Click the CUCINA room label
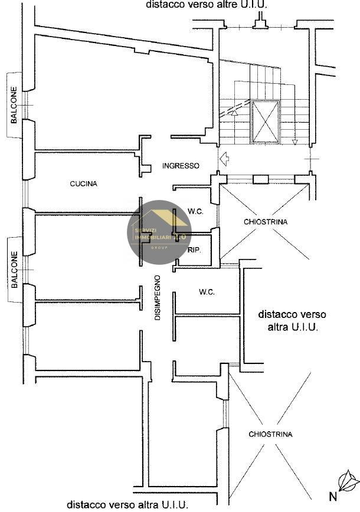click(83, 183)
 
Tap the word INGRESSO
click(181, 166)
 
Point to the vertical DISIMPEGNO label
click(158, 298)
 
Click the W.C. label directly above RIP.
click(195, 211)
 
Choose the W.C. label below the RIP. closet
click(207, 292)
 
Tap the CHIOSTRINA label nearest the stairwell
click(266, 222)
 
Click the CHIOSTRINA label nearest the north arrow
click(270, 434)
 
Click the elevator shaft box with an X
click(265, 122)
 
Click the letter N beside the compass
click(332, 495)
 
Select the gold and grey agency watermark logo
click(159, 232)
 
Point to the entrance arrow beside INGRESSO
click(223, 158)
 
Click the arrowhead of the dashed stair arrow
click(294, 142)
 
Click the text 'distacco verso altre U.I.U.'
click(207, 5)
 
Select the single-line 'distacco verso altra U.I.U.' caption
click(127, 505)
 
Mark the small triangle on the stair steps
click(234, 112)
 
